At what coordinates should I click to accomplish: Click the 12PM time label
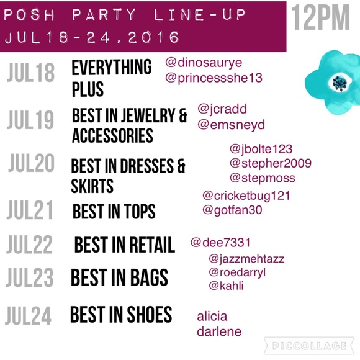click(320, 17)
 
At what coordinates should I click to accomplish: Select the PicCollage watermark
click(309, 345)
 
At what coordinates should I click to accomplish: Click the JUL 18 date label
click(30, 73)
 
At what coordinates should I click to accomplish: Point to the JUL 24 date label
click(28, 315)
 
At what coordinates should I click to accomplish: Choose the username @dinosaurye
click(204, 63)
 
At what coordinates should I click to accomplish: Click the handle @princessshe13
click(214, 78)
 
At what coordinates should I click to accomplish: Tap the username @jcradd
click(222, 109)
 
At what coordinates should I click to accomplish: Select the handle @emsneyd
click(231, 125)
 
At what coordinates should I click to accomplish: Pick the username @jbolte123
click(261, 149)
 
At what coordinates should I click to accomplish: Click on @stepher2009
click(271, 163)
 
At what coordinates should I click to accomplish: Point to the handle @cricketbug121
click(246, 196)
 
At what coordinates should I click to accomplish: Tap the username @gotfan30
click(232, 210)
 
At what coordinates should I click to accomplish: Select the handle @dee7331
click(220, 243)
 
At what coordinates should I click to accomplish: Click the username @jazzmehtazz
click(246, 259)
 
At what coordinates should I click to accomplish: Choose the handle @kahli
click(226, 286)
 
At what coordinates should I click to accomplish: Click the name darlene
click(219, 331)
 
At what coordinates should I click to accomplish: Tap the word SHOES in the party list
click(150, 314)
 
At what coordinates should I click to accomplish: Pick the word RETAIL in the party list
click(152, 245)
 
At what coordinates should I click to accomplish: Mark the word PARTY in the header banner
click(104, 14)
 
